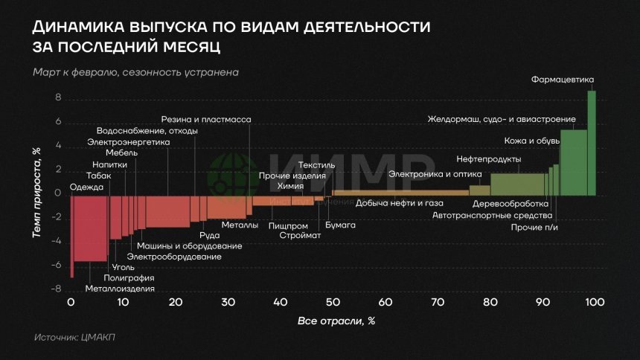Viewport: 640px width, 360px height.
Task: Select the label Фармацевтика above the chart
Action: pyautogui.click(x=563, y=80)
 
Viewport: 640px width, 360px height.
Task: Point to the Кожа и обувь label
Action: pyautogui.click(x=526, y=140)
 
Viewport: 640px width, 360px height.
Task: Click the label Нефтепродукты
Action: pyautogui.click(x=488, y=159)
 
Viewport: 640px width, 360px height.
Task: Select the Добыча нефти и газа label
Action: pyautogui.click(x=400, y=203)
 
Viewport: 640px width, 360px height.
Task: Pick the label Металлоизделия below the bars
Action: pyautogui.click(x=121, y=289)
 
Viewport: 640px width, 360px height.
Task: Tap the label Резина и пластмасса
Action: pyautogui.click(x=206, y=119)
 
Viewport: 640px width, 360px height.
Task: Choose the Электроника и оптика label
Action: pyautogui.click(x=424, y=174)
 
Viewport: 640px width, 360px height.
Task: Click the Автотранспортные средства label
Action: pyautogui.click(x=492, y=216)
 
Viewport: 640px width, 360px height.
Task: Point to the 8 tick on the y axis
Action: pyautogui.click(x=57, y=98)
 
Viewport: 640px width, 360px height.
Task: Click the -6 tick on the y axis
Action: pyautogui.click(x=55, y=266)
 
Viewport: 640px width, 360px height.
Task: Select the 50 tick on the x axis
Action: pyautogui.click(x=333, y=302)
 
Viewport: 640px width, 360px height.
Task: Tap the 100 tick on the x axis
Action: pyautogui.click(x=594, y=302)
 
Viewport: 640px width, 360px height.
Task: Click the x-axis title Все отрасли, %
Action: pyautogui.click(x=336, y=321)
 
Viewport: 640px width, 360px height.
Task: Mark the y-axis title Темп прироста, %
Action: pyautogui.click(x=36, y=192)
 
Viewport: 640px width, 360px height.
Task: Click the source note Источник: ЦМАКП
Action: pyautogui.click(x=74, y=338)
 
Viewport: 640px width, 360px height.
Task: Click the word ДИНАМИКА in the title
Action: pyautogui.click(x=77, y=27)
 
